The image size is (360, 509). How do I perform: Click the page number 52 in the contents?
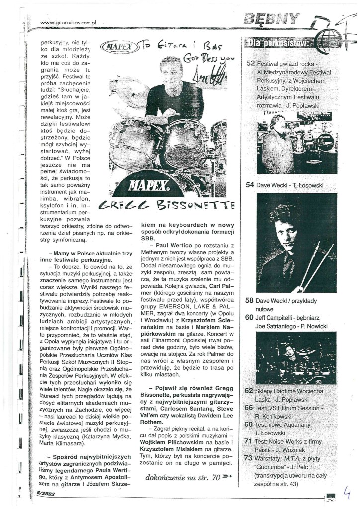(x=250, y=63)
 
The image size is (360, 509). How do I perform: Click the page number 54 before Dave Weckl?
(x=250, y=185)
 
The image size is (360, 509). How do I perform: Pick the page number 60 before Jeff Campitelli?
(x=250, y=317)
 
